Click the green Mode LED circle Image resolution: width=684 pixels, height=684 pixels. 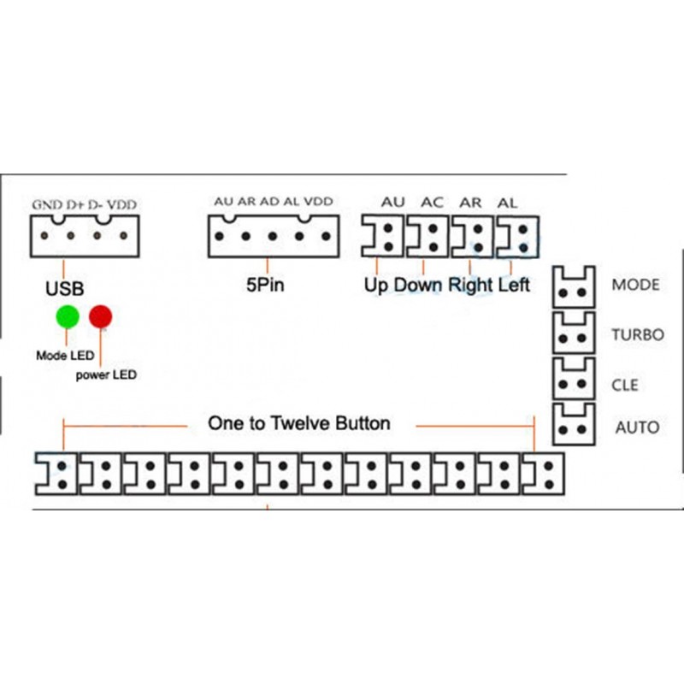tap(68, 316)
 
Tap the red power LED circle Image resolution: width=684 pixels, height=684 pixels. tap(102, 316)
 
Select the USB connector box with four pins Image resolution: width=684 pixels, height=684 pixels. tap(84, 235)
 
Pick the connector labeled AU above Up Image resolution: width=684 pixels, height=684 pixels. tap(383, 235)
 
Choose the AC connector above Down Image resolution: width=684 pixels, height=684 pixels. tap(427, 235)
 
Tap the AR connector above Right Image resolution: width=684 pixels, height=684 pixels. tap(472, 235)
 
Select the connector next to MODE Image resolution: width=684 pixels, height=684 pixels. tap(574, 286)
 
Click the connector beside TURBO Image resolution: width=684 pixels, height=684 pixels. tap(574, 333)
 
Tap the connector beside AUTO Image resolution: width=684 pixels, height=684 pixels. tap(574, 424)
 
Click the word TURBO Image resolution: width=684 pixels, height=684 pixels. tap(637, 334)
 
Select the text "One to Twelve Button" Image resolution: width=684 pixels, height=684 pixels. tap(299, 423)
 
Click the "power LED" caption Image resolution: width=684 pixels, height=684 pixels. tap(105, 374)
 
